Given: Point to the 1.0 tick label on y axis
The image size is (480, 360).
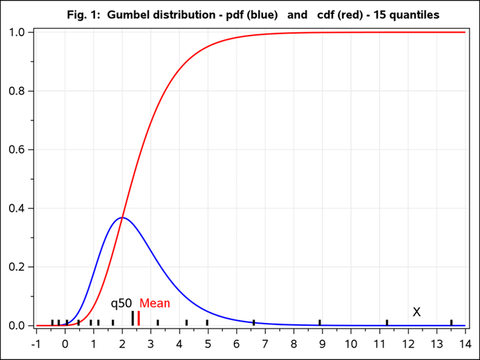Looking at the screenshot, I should [17, 32].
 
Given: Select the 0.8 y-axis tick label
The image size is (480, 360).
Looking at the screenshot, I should [17, 91].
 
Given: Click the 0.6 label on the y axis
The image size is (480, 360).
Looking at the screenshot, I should [17, 150].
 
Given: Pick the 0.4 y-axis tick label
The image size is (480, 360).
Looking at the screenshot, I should [17, 208].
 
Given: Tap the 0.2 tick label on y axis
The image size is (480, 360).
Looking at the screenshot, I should [17, 267].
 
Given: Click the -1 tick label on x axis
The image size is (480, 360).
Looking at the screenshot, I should [36, 343].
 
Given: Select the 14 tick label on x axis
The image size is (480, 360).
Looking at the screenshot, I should [465, 343].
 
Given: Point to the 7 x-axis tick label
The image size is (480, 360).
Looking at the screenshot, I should [265, 343].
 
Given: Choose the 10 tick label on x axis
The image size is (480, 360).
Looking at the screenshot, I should [351, 343].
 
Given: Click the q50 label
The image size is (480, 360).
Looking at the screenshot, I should [121, 303].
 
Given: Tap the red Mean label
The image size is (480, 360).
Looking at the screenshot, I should [155, 303].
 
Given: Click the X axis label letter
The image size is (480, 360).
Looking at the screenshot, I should [416, 312].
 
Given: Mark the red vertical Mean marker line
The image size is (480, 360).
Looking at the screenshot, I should [139, 318].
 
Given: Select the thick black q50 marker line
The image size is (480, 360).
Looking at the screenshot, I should [132, 318].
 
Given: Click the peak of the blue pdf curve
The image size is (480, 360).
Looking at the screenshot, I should [122, 217].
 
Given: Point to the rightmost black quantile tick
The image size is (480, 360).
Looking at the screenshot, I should [451, 322].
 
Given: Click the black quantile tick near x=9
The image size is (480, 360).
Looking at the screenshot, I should [320, 322].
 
